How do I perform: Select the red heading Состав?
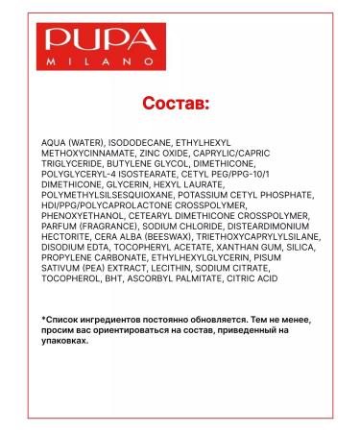[x=180, y=103]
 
